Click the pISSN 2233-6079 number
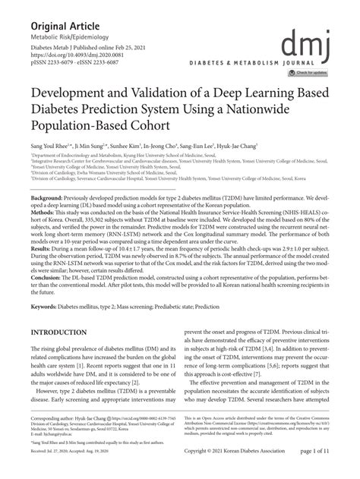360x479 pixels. (57, 63)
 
